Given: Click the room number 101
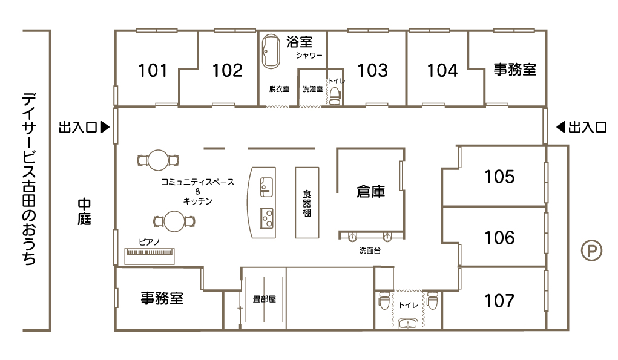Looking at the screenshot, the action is tap(153, 71).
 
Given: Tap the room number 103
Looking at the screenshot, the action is tap(372, 71).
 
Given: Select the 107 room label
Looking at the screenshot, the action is tap(499, 301).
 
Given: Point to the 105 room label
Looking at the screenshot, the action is tap(499, 177).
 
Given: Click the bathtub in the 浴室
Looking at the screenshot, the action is tap(271, 51).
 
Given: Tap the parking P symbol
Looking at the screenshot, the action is tap(591, 250).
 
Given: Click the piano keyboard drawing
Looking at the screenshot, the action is tap(150, 256).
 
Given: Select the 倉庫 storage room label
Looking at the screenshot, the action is tap(370, 192).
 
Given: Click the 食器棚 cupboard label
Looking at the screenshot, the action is tap(307, 203).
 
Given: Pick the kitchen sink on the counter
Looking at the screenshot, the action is tap(266, 187).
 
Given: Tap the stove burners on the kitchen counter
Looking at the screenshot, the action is tap(266, 218).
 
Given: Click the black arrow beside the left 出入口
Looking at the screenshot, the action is tap(105, 127).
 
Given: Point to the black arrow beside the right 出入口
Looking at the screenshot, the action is tap(560, 127).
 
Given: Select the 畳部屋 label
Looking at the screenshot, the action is tap(264, 299).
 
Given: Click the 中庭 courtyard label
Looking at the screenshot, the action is tap(84, 212).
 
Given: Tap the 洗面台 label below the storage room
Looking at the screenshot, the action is tap(370, 250).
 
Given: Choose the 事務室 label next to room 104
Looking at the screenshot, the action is tap(514, 70).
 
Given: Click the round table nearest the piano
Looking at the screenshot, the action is tap(174, 221).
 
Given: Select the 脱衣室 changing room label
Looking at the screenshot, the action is tap(279, 89).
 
